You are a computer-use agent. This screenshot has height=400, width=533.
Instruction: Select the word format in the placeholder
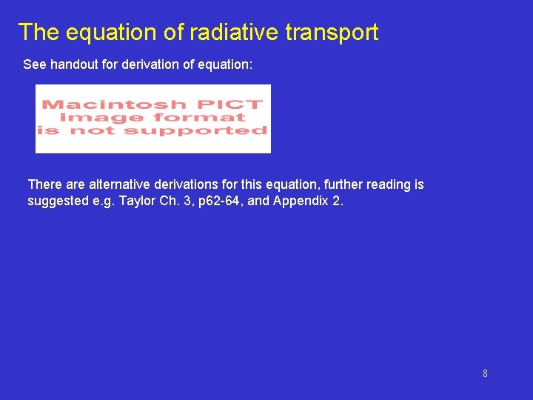(x=196, y=117)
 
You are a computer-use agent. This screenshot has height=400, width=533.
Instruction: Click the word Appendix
(x=302, y=201)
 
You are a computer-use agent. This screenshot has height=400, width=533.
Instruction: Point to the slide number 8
(x=485, y=373)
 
